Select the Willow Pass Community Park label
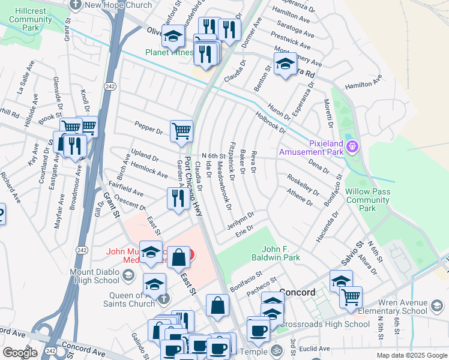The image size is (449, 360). pos(367,200)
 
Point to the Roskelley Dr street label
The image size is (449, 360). pos(303,185)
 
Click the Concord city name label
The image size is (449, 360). pos(298,292)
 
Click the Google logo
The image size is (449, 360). pos(20,352)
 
